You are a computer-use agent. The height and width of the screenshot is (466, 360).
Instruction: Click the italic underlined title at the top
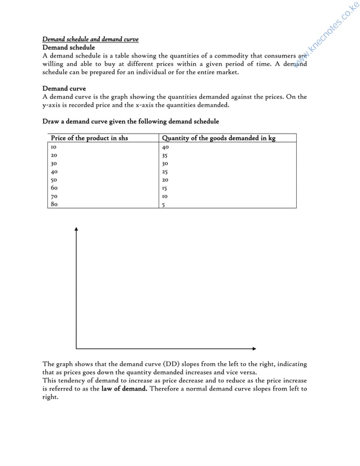click(x=90, y=39)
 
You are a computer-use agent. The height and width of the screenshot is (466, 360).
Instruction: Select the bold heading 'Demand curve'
click(x=64, y=89)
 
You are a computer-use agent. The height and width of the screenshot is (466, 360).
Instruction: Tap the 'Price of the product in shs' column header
click(x=89, y=138)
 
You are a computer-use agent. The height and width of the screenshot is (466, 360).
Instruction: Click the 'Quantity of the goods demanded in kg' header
click(x=218, y=138)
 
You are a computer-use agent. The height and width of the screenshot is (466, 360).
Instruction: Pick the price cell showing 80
click(x=54, y=204)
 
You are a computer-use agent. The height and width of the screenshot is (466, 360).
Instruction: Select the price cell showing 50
click(x=54, y=179)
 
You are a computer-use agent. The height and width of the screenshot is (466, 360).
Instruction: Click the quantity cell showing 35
click(x=165, y=155)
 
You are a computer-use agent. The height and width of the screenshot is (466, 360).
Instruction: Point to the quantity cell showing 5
click(x=164, y=205)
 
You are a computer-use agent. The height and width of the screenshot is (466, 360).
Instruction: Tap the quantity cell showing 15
click(x=165, y=188)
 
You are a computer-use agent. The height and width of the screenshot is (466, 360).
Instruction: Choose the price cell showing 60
click(x=54, y=188)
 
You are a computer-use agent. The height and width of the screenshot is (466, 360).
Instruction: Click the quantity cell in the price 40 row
click(x=165, y=172)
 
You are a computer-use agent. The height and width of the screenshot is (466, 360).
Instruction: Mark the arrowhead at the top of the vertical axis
click(x=76, y=228)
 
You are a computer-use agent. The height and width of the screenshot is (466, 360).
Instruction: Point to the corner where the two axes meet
click(x=76, y=349)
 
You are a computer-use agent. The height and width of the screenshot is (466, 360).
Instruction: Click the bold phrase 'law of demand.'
click(x=124, y=389)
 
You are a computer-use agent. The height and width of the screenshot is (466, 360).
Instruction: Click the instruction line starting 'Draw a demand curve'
click(x=130, y=121)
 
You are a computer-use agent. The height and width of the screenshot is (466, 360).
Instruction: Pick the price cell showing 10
click(x=54, y=146)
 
